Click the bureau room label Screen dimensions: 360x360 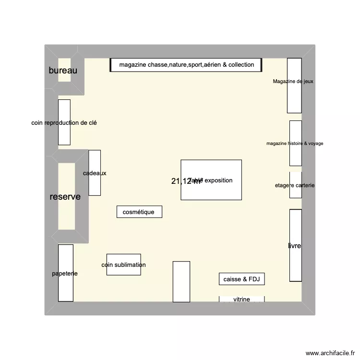(x=63, y=71)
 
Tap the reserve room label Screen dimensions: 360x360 (x=65, y=197)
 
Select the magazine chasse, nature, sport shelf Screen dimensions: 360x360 (x=186, y=65)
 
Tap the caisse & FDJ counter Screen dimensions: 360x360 (x=241, y=279)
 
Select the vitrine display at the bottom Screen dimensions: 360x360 (x=241, y=299)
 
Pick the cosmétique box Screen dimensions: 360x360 (x=139, y=212)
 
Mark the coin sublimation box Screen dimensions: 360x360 (x=123, y=264)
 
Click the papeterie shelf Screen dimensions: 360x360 (x=65, y=273)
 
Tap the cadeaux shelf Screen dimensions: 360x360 (x=95, y=173)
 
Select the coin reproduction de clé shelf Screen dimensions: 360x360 (x=64, y=122)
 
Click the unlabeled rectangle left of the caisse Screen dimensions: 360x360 (x=181, y=282)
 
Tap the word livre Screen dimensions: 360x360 (x=294, y=246)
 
